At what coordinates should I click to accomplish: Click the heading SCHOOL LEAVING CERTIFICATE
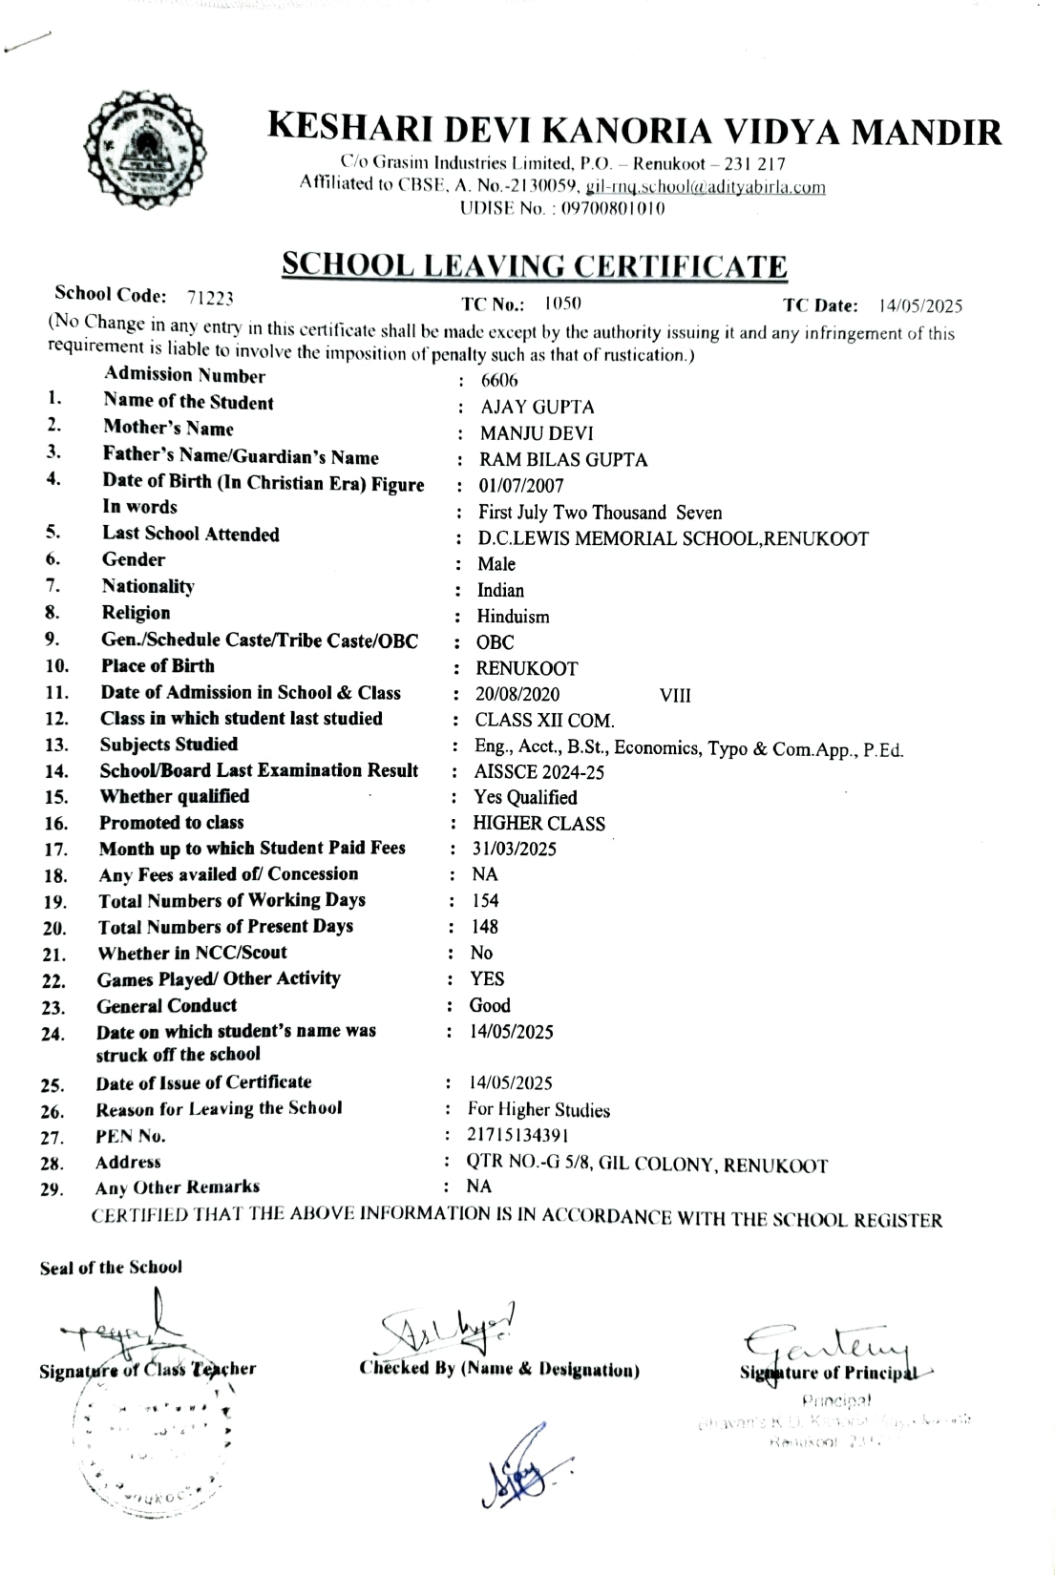pyautogui.click(x=535, y=264)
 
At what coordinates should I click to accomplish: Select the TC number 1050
pyautogui.click(x=563, y=304)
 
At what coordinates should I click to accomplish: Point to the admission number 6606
pyautogui.click(x=499, y=381)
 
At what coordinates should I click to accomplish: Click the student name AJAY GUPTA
pyautogui.click(x=537, y=408)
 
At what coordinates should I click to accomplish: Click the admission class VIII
pyautogui.click(x=675, y=696)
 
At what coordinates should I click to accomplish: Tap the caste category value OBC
pyautogui.click(x=495, y=643)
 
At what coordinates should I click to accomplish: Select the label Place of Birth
pyautogui.click(x=158, y=666)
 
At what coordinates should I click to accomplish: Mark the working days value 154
pyautogui.click(x=485, y=901)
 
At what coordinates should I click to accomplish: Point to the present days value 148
pyautogui.click(x=484, y=927)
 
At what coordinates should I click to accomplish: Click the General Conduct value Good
pyautogui.click(x=490, y=1006)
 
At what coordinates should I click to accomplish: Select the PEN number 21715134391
pyautogui.click(x=518, y=1136)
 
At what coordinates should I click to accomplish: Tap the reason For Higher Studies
pyautogui.click(x=538, y=1110)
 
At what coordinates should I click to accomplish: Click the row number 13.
pyautogui.click(x=56, y=745)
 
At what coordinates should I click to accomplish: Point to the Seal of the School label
pyautogui.click(x=111, y=1268)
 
